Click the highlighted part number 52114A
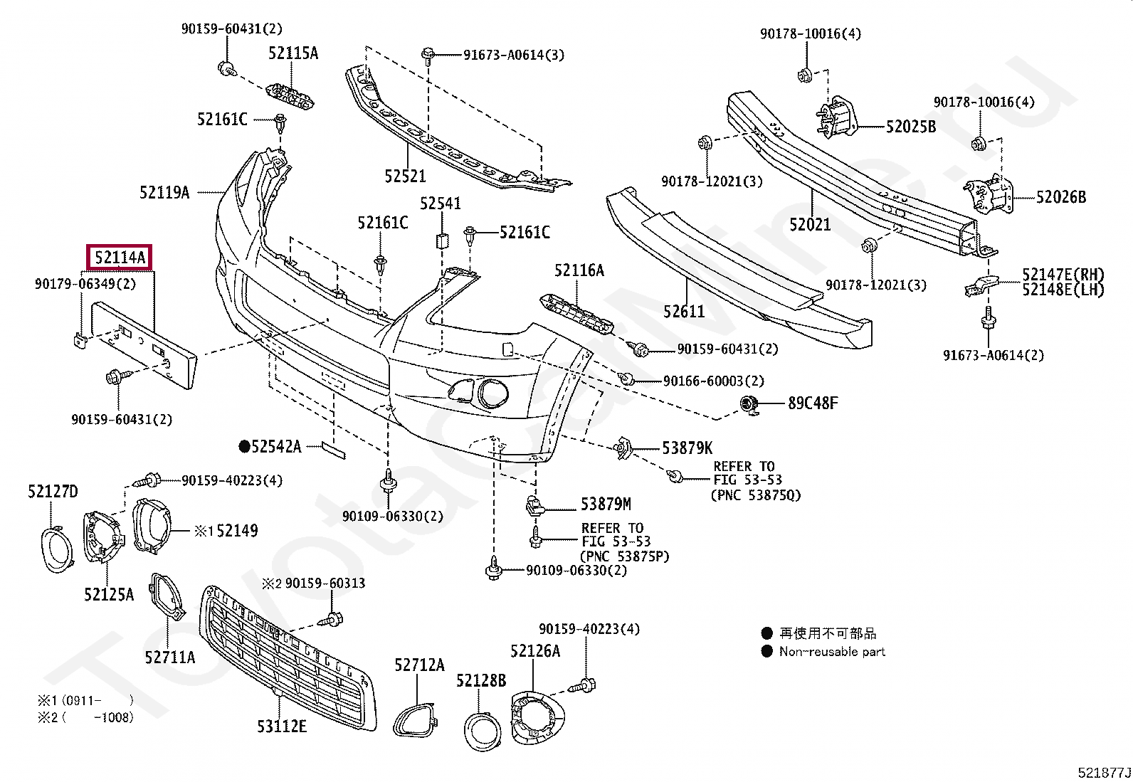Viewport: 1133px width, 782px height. (x=120, y=258)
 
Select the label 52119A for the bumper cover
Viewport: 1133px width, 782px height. (x=164, y=192)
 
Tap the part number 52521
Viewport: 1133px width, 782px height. (x=405, y=176)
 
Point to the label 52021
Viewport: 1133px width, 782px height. (x=810, y=224)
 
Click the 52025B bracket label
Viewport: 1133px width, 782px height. (x=911, y=127)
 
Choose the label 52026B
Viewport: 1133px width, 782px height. (x=1061, y=197)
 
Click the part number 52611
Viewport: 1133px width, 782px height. (x=684, y=311)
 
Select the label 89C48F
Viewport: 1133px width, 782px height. (x=813, y=403)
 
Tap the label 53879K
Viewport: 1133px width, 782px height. (x=687, y=448)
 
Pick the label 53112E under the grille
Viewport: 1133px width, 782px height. (x=282, y=726)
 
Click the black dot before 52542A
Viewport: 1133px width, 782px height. (x=244, y=447)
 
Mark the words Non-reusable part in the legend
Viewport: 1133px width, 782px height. (x=832, y=652)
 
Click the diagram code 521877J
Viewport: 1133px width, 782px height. (x=1104, y=773)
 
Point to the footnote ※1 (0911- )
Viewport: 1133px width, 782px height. (x=85, y=701)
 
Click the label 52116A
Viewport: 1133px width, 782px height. (x=579, y=270)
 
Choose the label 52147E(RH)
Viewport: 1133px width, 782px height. (x=1063, y=275)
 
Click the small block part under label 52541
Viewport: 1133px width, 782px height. (x=442, y=241)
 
